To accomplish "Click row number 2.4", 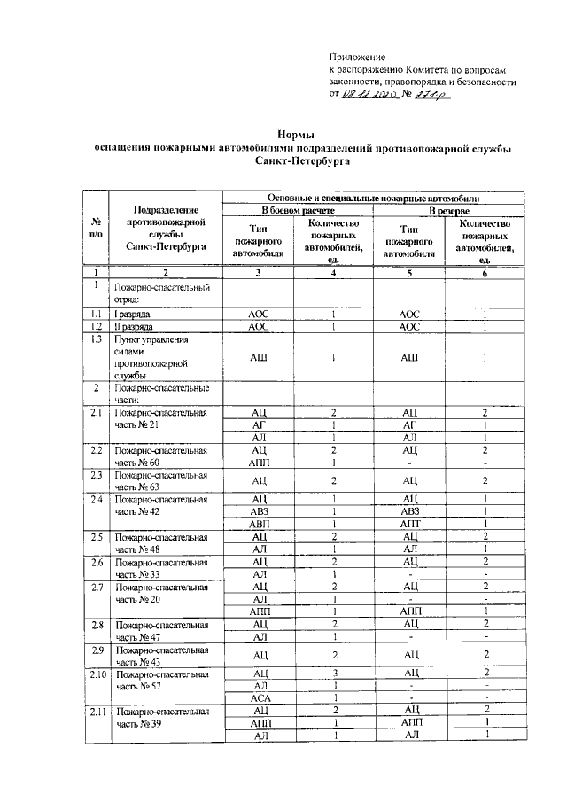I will coord(96,498).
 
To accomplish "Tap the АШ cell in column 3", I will coord(259,357).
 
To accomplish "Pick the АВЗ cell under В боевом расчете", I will coord(259,510).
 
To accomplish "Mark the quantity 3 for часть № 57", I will coord(334,674).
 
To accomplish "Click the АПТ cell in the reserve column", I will coord(409,523).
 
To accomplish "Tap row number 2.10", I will coord(97,674).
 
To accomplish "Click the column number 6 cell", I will coord(485,273).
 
